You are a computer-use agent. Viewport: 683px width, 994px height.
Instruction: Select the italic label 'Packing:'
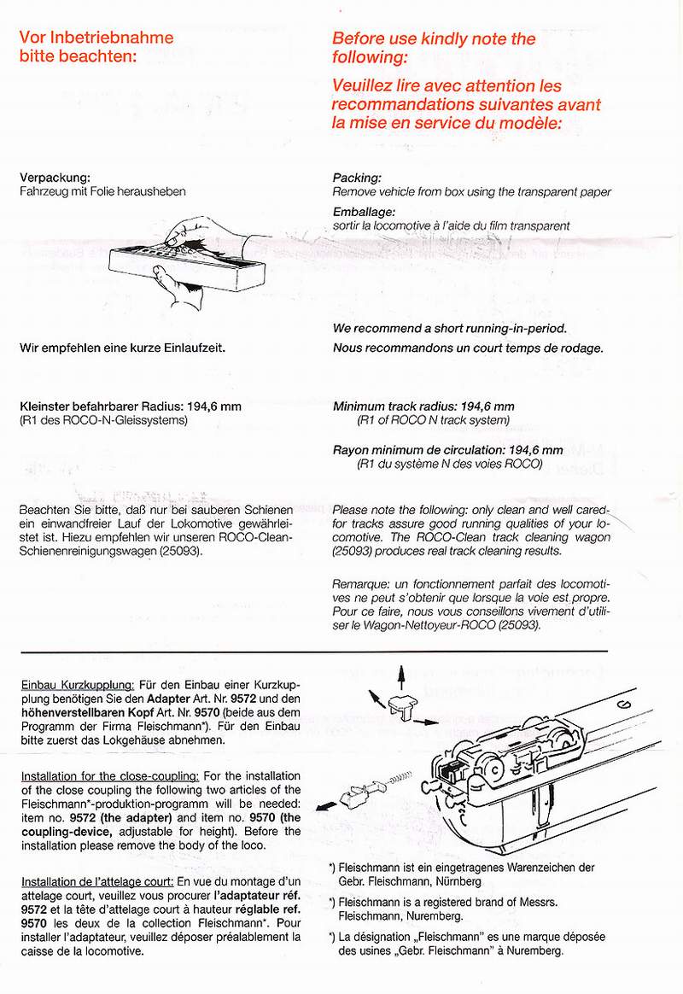[356, 178]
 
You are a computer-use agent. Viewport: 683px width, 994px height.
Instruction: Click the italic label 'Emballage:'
[363, 212]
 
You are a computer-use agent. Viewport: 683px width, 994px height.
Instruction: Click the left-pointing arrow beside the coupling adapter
[324, 805]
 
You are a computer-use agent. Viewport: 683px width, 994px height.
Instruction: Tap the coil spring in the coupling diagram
[401, 778]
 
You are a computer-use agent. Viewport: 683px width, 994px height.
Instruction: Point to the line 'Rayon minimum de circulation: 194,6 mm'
[447, 450]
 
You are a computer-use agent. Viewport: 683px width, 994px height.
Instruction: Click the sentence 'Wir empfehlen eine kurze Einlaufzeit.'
[122, 348]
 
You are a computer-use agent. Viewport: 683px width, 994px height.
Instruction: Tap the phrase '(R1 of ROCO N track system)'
[433, 420]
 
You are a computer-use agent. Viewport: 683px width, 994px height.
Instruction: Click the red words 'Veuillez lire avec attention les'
[447, 86]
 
